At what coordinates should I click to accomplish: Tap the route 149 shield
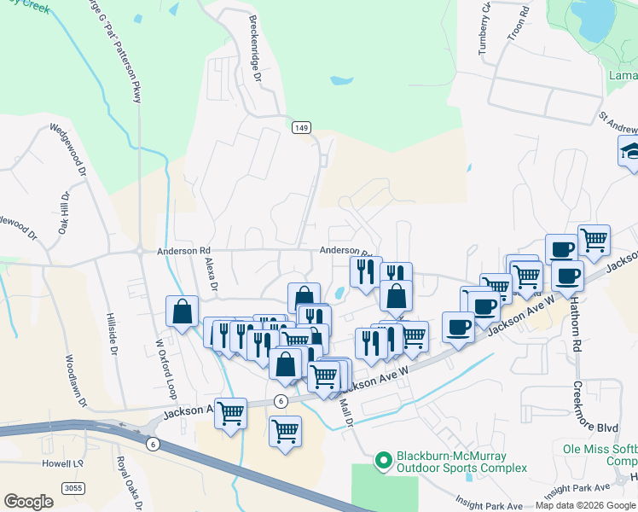click(x=300, y=127)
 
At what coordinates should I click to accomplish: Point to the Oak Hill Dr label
click(x=63, y=212)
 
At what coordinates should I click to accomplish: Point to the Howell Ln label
click(x=61, y=463)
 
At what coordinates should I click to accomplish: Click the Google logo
click(x=28, y=501)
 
